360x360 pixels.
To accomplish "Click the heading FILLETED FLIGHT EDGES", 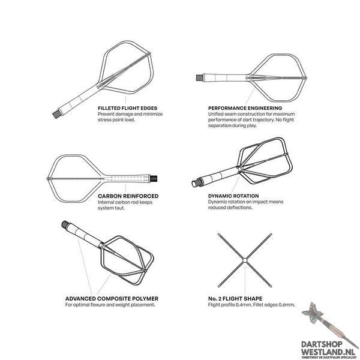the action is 127,108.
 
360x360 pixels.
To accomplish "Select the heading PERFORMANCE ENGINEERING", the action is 245,108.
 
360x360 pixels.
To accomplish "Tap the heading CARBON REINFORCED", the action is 128,196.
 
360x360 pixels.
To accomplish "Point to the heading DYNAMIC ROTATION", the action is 233,196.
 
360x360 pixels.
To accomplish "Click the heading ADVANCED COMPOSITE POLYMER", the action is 112,299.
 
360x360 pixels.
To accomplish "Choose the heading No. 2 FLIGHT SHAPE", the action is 235,299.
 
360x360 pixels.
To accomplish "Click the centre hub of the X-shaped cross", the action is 245,260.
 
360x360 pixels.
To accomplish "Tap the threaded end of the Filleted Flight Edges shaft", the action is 56,114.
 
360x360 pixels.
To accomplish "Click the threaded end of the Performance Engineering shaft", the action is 199,77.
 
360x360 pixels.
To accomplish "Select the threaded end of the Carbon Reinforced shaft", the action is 154,178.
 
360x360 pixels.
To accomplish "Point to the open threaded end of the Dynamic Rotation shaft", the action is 196,182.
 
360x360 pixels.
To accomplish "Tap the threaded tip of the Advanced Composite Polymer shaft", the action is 65,224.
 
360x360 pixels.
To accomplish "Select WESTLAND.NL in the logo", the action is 328,352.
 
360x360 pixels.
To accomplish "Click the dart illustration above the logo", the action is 329,325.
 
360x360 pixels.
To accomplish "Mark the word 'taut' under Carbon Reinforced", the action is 121,208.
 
